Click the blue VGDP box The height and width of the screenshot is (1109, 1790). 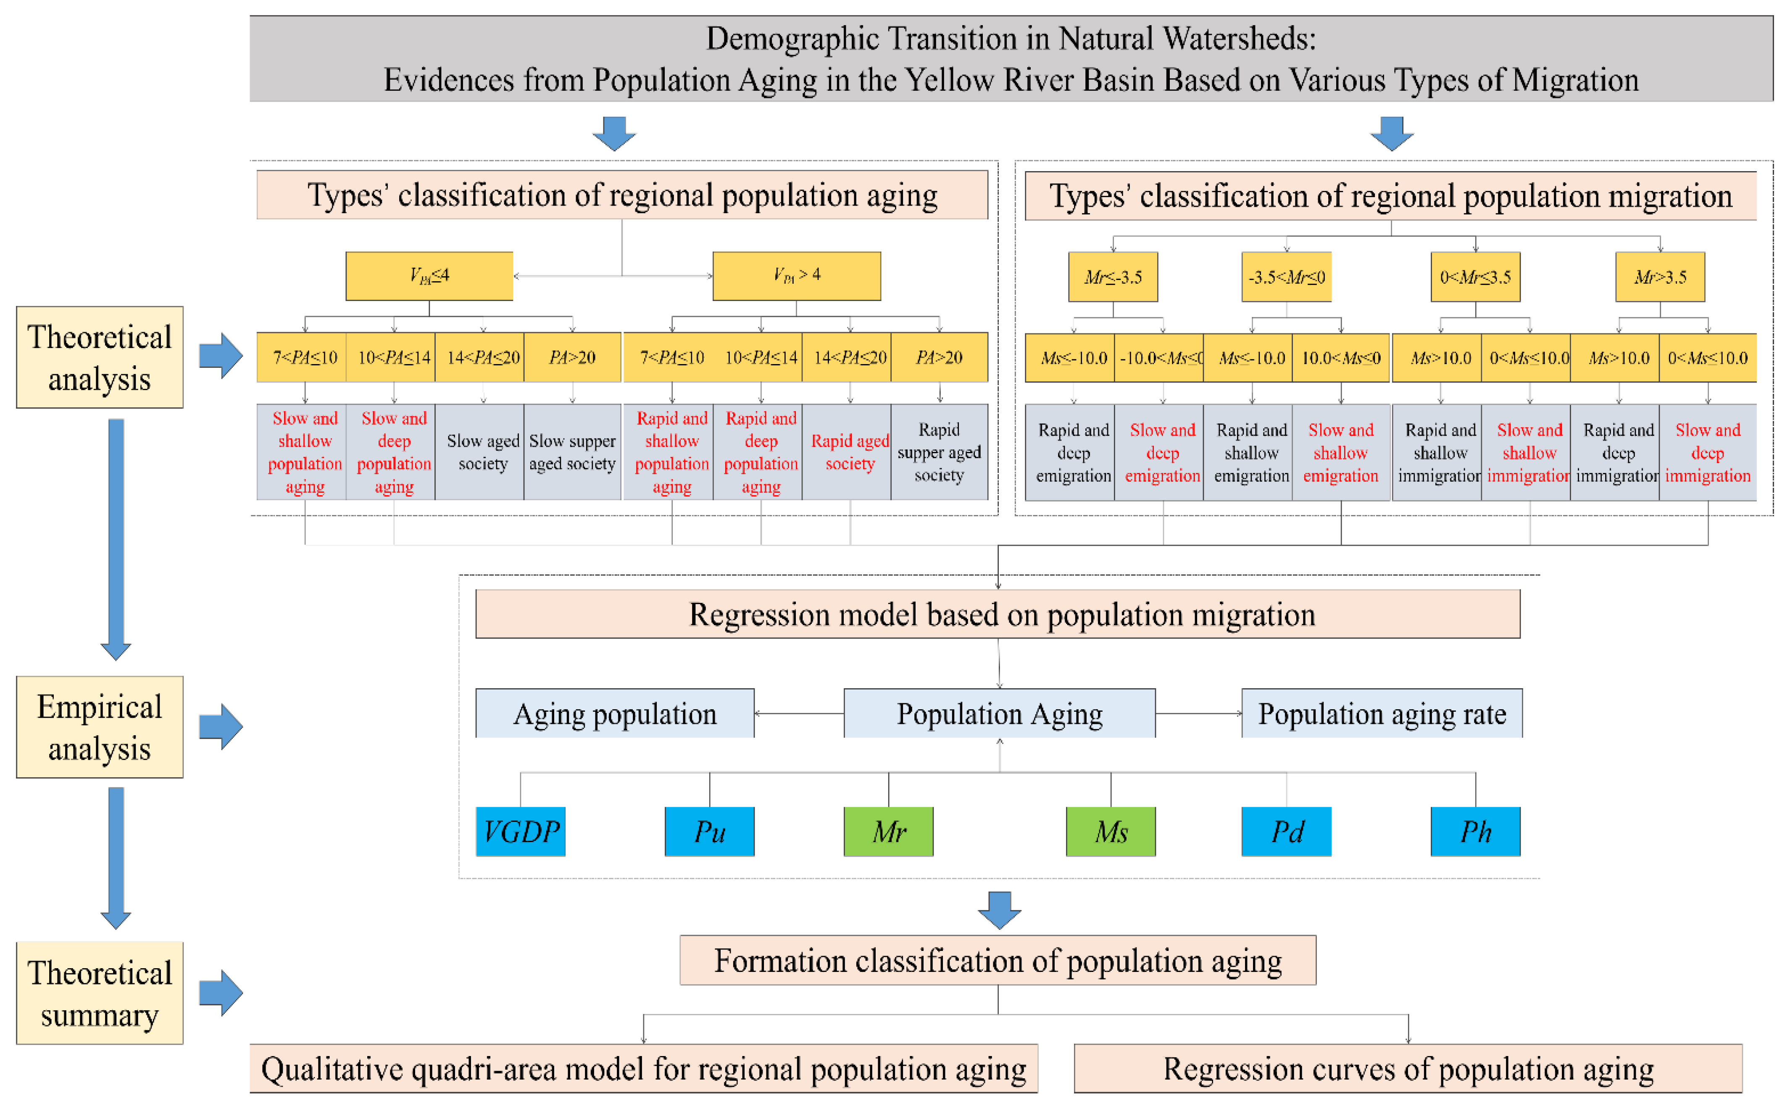tap(521, 831)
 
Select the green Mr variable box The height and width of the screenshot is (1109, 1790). tap(888, 831)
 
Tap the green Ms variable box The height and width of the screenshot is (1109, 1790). tap(1111, 831)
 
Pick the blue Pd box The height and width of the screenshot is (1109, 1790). tap(1287, 831)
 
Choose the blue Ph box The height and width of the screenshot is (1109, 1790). tap(1476, 831)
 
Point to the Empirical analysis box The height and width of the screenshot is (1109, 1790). tap(100, 727)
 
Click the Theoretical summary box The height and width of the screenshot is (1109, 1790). tap(100, 993)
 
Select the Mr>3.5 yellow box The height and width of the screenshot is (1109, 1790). tap(1660, 277)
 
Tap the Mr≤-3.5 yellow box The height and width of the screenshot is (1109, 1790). tap(1113, 277)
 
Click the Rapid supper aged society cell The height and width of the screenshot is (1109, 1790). tap(939, 452)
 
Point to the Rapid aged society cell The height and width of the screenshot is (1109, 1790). tap(850, 452)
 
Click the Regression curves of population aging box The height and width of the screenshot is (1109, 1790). tap(1408, 1069)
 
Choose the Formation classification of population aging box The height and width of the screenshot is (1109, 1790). tap(998, 960)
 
